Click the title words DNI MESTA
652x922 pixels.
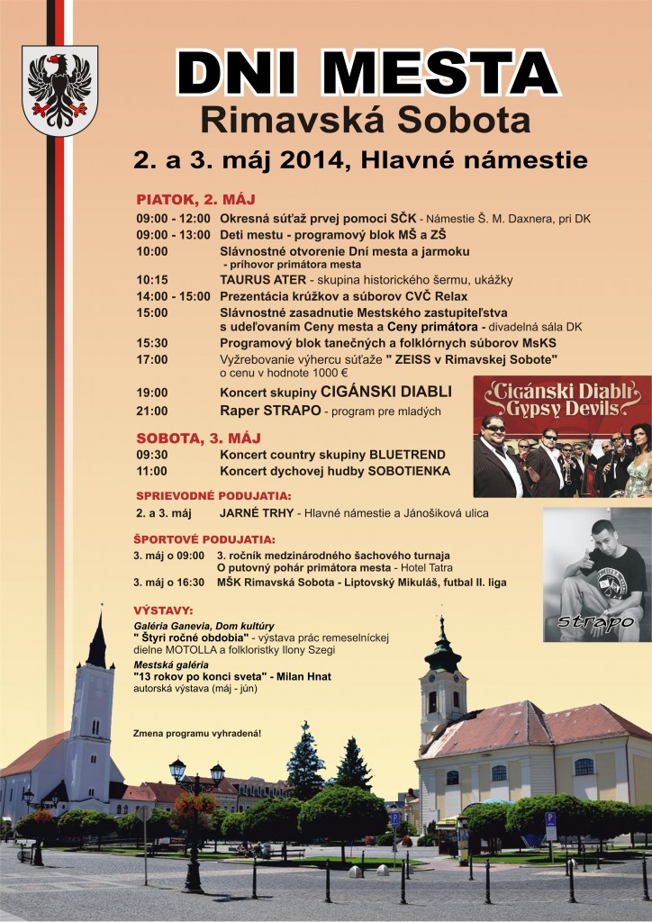click(x=368, y=72)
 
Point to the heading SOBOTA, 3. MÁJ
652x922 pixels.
click(x=198, y=438)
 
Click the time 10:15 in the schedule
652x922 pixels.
click(x=152, y=280)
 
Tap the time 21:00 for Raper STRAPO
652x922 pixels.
click(x=152, y=411)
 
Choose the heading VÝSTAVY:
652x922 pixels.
click(x=162, y=610)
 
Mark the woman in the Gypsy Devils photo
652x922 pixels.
click(x=638, y=459)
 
